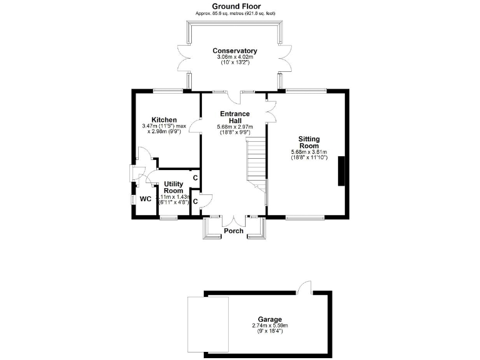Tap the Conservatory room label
pos(234,51)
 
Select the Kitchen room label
pos(164,119)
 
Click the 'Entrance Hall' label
pos(234,117)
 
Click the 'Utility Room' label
pos(173,187)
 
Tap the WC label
pos(145,199)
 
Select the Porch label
pos(234,231)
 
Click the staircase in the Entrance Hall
pos(256,161)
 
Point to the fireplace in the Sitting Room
pos(341,171)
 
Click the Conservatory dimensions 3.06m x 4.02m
pos(234,57)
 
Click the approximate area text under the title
pos(234,13)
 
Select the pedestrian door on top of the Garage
pos(304,287)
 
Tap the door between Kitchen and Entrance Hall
pos(196,127)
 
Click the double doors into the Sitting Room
pos(271,109)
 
